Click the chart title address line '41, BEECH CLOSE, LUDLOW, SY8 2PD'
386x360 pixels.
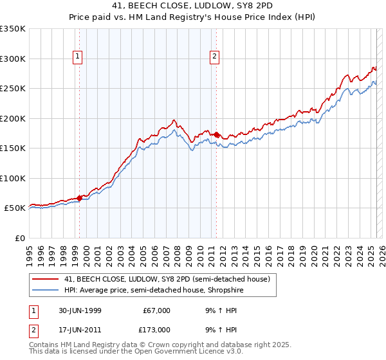[192, 7]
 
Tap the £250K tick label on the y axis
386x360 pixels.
[13, 88]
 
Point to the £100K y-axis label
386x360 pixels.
[13, 178]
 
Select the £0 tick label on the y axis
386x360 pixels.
[19, 238]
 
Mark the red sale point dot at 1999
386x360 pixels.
[80, 198]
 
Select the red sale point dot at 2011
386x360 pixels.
[217, 135]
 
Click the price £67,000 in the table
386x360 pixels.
[157, 310]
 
